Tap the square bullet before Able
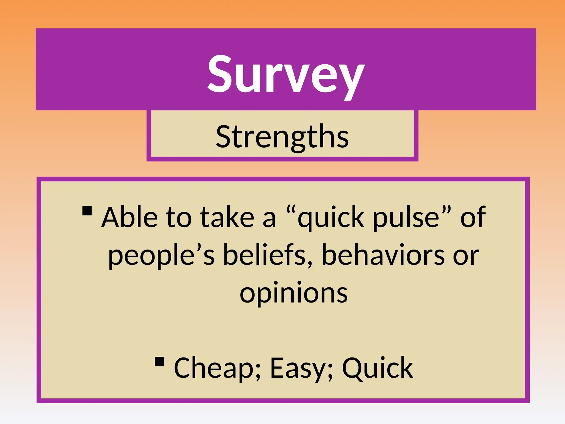pyautogui.click(x=87, y=211)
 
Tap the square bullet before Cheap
pyautogui.click(x=159, y=361)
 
